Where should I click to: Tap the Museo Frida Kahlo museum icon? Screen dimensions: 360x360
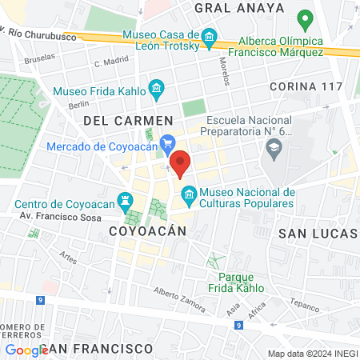157,87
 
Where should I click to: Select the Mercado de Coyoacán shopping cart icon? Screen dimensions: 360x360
167,145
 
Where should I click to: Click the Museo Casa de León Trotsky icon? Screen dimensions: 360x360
210,37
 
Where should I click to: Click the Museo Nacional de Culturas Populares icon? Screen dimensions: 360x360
189,193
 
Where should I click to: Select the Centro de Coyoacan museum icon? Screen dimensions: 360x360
125,199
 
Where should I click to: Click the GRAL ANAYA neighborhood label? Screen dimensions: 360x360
240,8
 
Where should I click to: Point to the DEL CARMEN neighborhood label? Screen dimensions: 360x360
123,120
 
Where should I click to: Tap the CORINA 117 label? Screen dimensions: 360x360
306,86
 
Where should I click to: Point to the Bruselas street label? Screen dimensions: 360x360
41,58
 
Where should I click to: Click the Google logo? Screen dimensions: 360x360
26,350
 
